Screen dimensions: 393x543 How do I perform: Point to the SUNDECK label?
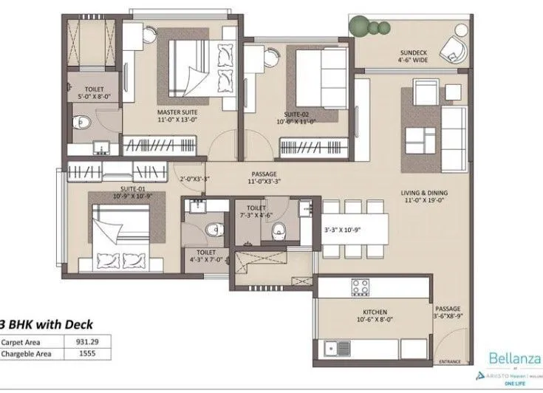[413, 53]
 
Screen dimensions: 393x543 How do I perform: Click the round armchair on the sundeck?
[452, 49]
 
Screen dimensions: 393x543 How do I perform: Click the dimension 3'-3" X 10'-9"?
[343, 230]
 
